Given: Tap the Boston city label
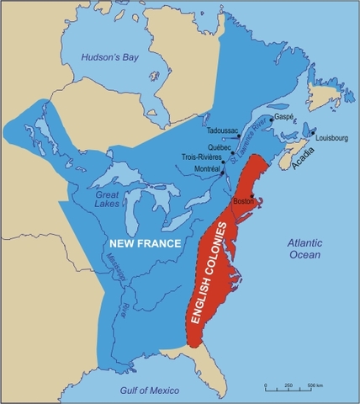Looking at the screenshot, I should pos(243,201).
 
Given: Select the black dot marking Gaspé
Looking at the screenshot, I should pos(271,130).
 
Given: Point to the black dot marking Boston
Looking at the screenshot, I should pos(257,200).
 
